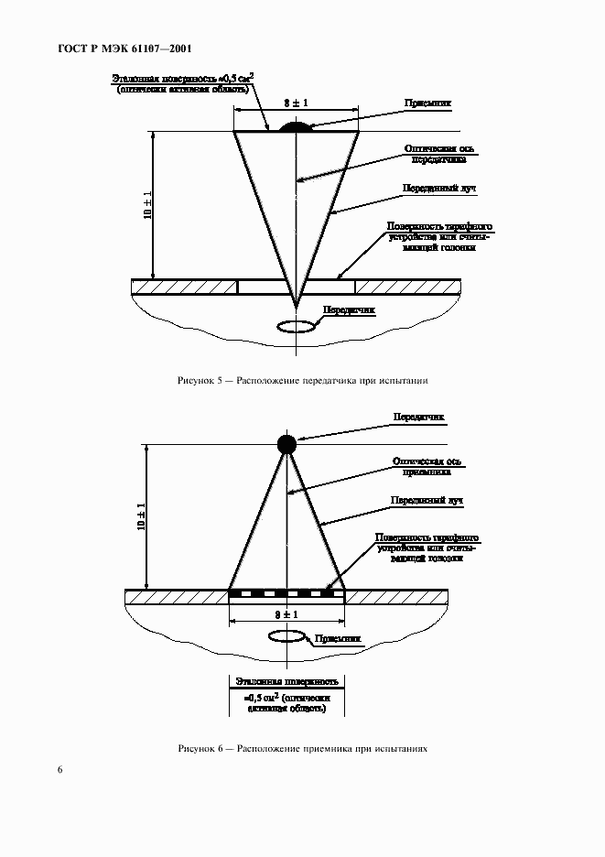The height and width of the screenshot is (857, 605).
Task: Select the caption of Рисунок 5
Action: point(302,380)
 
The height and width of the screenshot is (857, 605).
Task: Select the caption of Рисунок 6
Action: point(302,749)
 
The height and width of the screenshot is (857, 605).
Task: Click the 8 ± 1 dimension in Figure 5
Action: point(295,103)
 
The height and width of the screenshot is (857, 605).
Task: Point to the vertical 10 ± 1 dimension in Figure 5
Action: point(146,205)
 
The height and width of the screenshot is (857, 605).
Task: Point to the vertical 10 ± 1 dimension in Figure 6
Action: point(140,516)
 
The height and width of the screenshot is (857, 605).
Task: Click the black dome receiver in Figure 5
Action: point(295,127)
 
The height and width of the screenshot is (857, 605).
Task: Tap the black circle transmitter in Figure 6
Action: point(287,444)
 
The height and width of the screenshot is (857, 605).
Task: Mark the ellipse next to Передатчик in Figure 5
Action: point(295,325)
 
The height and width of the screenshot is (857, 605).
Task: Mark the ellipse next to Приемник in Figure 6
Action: point(287,636)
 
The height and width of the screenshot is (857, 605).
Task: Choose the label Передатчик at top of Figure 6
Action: point(418,417)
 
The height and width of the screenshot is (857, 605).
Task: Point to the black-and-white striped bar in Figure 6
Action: point(286,593)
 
